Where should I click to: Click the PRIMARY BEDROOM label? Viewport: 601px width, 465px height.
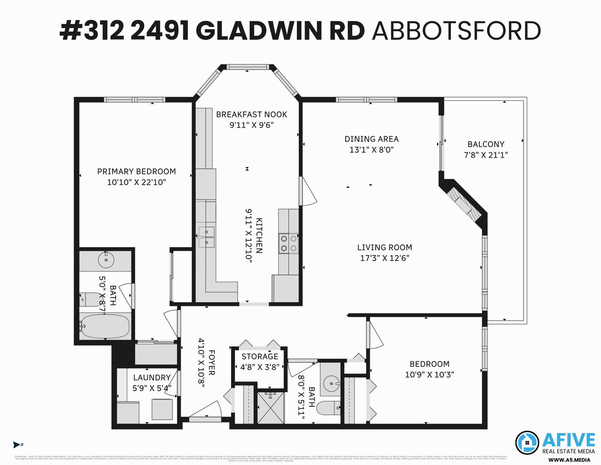136,172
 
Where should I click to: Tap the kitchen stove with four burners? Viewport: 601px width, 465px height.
288,243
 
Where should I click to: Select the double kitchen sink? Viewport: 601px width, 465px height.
206,237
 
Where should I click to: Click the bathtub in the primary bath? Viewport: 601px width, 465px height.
106,326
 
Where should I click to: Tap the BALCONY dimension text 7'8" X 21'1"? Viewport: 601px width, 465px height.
486,155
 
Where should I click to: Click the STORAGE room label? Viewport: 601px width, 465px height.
260,356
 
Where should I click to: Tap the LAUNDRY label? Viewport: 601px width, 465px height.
152,378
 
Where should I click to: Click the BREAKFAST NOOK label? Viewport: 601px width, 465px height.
251,114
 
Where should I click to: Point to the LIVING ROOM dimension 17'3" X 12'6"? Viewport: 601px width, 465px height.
385,258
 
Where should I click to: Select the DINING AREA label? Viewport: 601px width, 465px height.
372,139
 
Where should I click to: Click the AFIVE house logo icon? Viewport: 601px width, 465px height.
527,442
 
